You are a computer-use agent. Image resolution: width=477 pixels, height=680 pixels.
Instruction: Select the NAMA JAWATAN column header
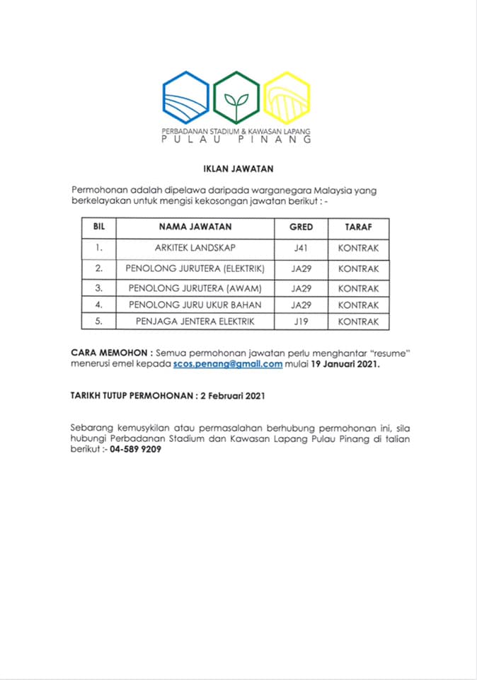[195, 227]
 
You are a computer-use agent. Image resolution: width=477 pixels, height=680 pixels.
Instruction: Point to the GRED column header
[301, 227]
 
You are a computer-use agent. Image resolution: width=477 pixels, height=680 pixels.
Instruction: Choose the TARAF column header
[358, 227]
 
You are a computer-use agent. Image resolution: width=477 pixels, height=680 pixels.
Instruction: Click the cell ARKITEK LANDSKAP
[195, 248]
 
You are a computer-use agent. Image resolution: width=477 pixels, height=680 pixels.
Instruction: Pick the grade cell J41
[301, 248]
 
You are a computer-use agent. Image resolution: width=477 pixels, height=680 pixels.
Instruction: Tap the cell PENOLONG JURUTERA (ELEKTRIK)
[195, 268]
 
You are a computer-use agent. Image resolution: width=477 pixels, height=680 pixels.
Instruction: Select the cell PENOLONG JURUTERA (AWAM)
[195, 288]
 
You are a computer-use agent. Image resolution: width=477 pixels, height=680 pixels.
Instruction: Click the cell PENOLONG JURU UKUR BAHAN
[195, 305]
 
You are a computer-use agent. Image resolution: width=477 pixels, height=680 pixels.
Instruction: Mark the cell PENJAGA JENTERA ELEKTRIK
[195, 322]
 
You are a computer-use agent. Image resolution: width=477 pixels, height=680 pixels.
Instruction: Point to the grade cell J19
[301, 322]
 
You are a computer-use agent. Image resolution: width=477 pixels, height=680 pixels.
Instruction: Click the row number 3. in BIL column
[99, 288]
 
